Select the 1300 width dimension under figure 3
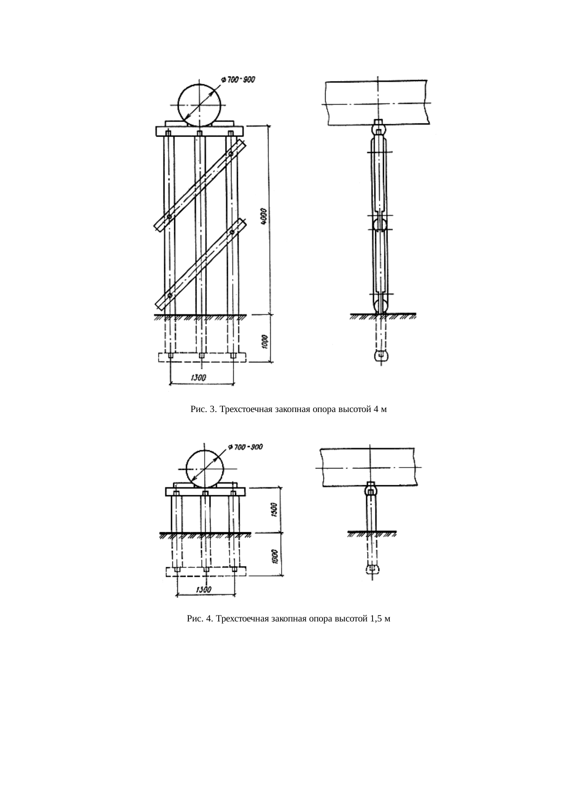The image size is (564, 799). [198, 377]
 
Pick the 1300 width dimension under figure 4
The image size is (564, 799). [203, 589]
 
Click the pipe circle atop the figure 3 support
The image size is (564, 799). [200, 104]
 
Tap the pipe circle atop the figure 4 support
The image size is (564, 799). [206, 469]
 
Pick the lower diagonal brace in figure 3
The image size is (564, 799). [200, 264]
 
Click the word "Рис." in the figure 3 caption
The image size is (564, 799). [198, 409]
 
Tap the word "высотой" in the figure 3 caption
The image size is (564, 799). [356, 409]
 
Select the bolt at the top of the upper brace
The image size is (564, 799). [231, 154]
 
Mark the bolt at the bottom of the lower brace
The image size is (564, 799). [169, 296]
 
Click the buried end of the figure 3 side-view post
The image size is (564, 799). [381, 355]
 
